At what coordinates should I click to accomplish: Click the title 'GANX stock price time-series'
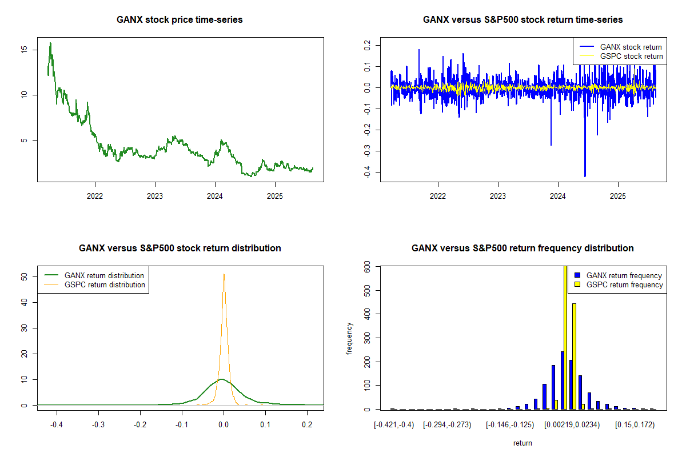point(180,20)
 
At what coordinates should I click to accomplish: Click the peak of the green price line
point(50,43)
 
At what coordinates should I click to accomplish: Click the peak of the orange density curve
point(224,274)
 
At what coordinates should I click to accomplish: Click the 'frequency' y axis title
point(350,338)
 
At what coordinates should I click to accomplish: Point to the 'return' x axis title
point(523,443)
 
